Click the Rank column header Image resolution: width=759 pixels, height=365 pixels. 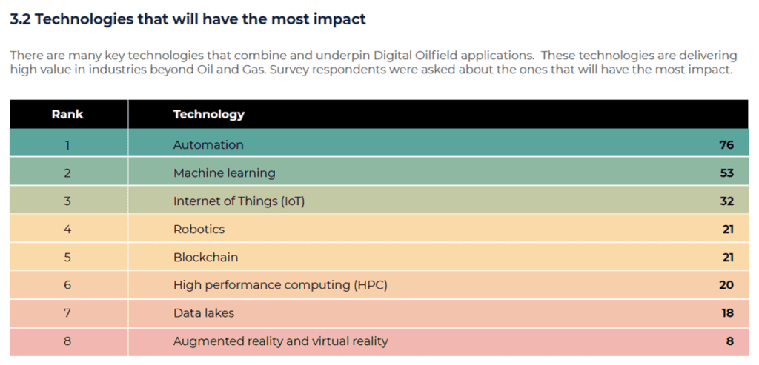tap(67, 114)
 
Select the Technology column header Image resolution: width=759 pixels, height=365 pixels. tap(208, 114)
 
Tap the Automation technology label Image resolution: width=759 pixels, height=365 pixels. tap(208, 145)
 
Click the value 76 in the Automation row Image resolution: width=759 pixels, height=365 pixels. tap(726, 145)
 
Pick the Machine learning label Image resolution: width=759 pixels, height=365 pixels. tap(224, 173)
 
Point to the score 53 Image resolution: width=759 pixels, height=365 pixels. tap(726, 173)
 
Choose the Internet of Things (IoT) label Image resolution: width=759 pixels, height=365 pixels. tap(239, 201)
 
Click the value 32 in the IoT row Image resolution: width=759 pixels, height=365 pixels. tap(726, 201)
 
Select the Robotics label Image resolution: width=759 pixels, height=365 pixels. tap(199, 230)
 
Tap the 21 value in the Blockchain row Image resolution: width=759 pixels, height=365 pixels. tap(727, 258)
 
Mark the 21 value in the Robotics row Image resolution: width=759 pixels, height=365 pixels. tap(727, 230)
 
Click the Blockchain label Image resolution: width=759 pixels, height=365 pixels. tap(205, 258)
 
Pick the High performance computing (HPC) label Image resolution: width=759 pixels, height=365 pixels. tap(280, 285)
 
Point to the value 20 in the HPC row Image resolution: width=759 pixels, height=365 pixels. tap(726, 285)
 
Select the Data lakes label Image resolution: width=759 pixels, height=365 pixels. tap(203, 313)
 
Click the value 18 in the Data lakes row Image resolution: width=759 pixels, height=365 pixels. tap(726, 313)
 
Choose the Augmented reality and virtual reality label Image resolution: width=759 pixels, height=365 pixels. tap(280, 341)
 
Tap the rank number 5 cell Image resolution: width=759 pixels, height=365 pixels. tap(67, 258)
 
